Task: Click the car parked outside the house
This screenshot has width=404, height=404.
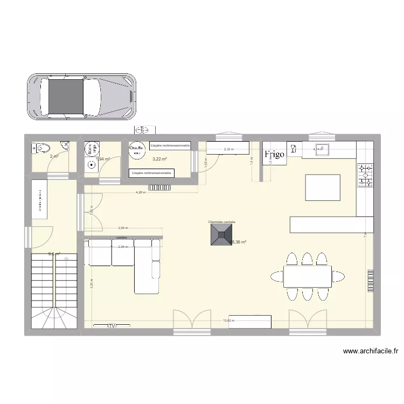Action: [81, 96]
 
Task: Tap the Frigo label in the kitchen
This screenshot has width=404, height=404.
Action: [274, 155]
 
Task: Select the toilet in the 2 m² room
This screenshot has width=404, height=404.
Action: [41, 148]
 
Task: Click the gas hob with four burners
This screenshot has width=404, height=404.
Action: [365, 176]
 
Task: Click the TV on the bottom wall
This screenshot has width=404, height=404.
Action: [112, 326]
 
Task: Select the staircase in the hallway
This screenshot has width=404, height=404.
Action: [52, 291]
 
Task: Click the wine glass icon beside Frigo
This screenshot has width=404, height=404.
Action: [294, 149]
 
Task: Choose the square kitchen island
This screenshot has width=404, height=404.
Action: [323, 187]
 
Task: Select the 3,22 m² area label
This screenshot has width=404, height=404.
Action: [159, 159]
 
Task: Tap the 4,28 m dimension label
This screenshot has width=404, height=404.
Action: [140, 192]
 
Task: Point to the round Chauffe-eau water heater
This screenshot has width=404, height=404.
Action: [136, 150]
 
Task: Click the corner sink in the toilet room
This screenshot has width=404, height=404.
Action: [65, 144]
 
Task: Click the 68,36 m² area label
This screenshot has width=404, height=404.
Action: [238, 242]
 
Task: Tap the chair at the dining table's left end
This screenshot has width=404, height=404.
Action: [276, 277]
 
